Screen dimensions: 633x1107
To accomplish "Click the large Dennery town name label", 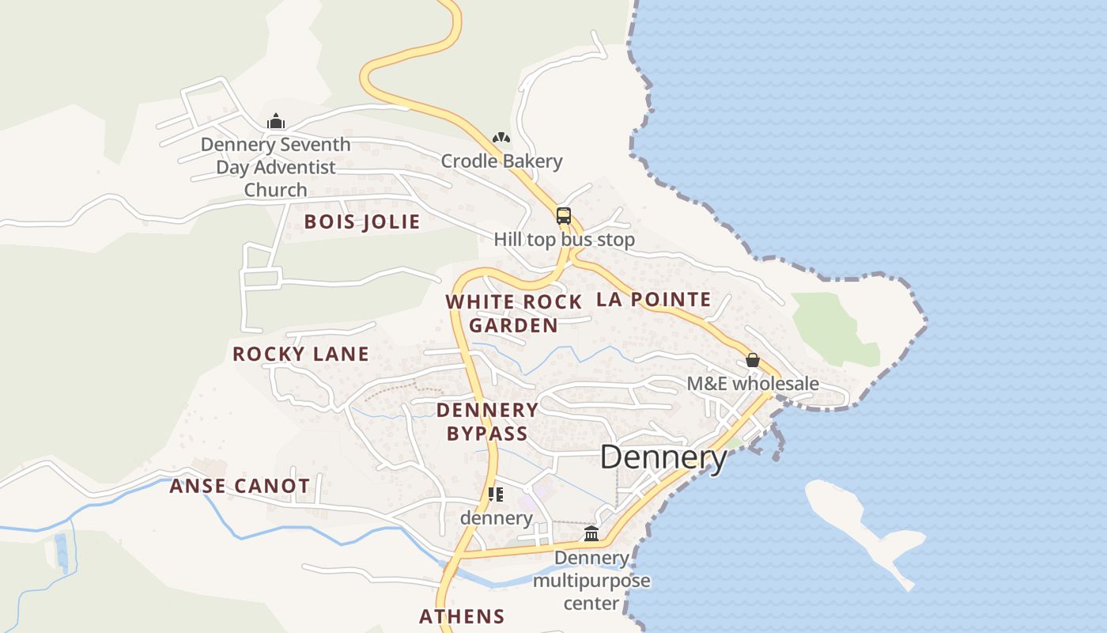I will point(663,458).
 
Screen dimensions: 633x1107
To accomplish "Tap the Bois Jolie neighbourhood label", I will point(362,222).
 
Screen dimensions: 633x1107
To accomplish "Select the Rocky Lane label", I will point(300,354).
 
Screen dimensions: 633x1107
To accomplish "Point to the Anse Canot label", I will point(240,486).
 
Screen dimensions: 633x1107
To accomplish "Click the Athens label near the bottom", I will point(462,616).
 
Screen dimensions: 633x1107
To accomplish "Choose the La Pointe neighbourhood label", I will point(653,299).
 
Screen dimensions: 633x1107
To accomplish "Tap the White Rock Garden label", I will point(514,313).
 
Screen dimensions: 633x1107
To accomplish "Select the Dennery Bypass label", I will point(487,422).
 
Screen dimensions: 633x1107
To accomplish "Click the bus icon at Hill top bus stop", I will point(563,215).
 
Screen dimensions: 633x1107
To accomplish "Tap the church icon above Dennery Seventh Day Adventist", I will point(275,121).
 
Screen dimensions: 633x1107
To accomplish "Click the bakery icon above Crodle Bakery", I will point(501,138).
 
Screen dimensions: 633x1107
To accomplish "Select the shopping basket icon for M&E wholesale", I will point(752,361).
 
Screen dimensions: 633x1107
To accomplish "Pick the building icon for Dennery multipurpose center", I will point(591,534).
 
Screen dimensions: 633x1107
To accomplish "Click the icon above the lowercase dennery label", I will point(496,495).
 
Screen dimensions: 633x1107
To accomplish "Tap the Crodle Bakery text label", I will point(501,161).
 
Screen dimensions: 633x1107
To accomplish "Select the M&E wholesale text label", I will point(752,384).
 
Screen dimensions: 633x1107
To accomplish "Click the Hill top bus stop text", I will point(564,239).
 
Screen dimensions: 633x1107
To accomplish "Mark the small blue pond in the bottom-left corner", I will point(62,552).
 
